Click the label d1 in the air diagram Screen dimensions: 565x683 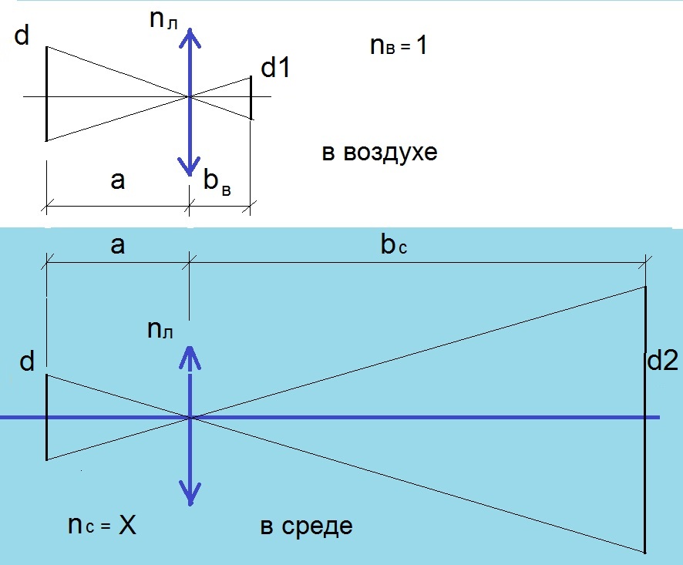click(x=275, y=69)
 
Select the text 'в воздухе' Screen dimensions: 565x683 click(x=379, y=152)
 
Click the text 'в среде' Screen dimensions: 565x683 click(x=307, y=526)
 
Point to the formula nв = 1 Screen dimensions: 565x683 click(x=399, y=47)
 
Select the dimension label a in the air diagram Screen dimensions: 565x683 click(x=117, y=180)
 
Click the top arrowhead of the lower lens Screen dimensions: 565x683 click(x=190, y=355)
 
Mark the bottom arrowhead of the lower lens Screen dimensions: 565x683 click(x=190, y=493)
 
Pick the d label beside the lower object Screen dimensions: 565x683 click(x=28, y=362)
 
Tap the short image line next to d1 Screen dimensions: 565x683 click(x=251, y=98)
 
